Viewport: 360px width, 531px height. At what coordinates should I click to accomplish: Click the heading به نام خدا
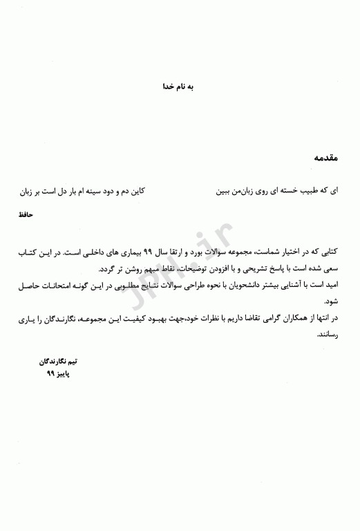click(x=178, y=88)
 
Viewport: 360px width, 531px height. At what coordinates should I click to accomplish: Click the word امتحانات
click(x=49, y=284)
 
